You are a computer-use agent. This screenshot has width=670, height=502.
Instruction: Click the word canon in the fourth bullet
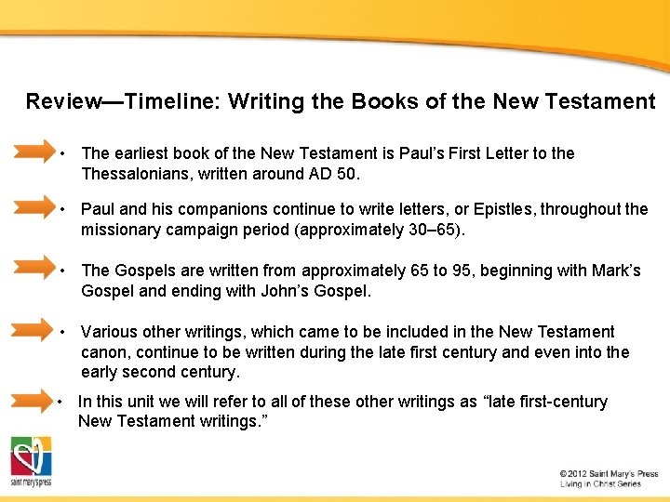[103, 352]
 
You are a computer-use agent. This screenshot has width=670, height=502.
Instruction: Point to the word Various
[110, 332]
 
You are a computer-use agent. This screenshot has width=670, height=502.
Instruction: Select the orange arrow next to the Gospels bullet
[34, 270]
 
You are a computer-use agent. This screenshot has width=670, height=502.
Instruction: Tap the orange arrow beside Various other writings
[34, 330]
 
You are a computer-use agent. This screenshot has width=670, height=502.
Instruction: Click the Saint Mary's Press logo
[31, 461]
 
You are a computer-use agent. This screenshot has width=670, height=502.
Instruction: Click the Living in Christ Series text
[601, 484]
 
